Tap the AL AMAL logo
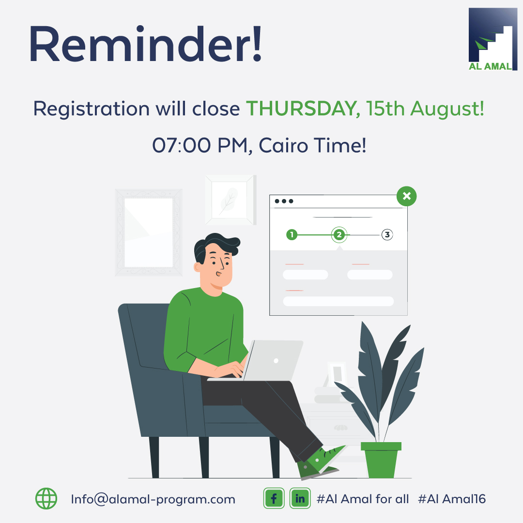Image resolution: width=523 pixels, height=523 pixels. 492,39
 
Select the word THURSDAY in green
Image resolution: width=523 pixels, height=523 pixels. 303,109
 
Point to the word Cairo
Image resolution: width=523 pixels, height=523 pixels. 283,145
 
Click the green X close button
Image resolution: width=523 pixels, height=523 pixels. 406,196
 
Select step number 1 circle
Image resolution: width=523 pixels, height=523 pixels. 292,234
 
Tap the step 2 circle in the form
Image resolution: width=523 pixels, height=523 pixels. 339,234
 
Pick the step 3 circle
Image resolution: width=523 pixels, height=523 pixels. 387,234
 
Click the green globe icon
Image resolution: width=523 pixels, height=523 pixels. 46,498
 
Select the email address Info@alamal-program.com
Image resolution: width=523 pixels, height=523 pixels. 153,499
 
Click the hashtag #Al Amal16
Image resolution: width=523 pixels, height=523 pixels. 452,499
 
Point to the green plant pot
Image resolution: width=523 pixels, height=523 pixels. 381,460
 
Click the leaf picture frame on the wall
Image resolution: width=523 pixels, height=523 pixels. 231,200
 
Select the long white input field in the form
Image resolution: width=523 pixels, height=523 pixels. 338,301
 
